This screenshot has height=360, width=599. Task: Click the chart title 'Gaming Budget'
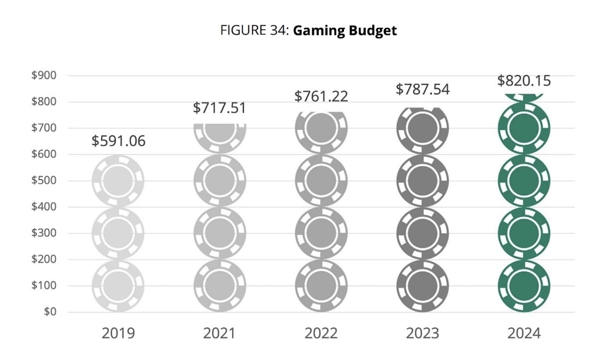pos(344,30)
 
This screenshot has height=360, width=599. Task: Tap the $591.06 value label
pos(118,141)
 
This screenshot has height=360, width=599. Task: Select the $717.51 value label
pos(220,107)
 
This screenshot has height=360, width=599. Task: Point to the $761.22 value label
pos(321,96)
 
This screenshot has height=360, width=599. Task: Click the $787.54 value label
pos(422,89)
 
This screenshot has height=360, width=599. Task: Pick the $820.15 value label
pos(524,81)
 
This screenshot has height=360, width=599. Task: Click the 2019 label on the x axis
pos(118,333)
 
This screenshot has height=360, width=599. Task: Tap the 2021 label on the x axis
pos(220,333)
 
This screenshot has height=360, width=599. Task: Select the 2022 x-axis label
pos(321,333)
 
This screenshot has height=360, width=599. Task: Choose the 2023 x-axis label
pos(422,333)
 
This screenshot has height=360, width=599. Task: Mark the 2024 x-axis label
pos(524,333)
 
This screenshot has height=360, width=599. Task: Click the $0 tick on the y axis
pos(49,312)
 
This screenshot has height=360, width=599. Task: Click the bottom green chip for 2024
pos(524,286)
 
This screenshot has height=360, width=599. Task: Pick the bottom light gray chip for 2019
pos(118,286)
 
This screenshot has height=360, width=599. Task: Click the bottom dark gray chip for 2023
pos(422,286)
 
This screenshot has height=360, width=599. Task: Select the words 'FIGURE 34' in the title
pos(254,30)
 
